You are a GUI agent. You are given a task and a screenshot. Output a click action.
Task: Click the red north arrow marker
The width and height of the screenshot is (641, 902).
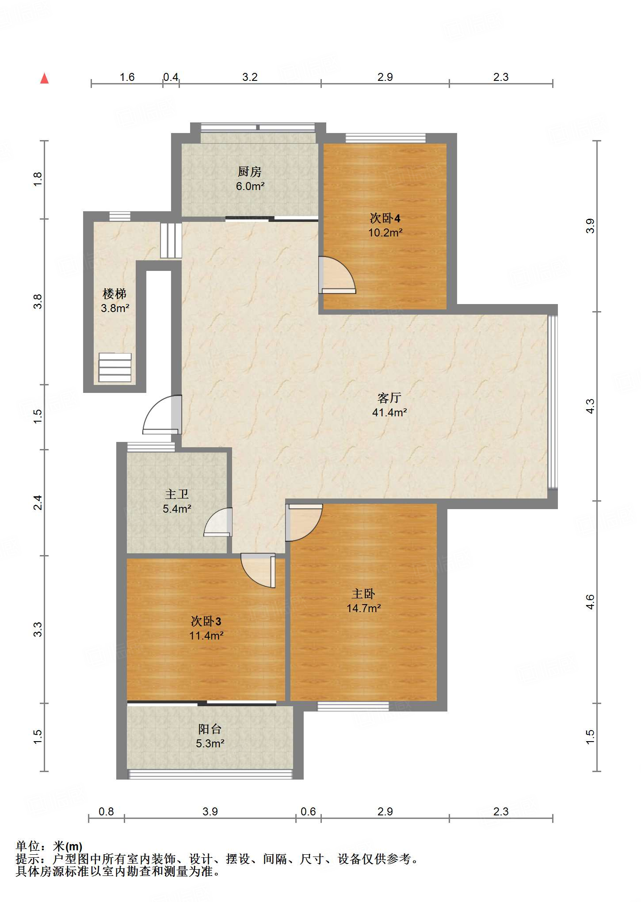pos(44,78)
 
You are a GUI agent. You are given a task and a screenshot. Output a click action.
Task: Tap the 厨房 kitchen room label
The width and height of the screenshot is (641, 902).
pos(250,171)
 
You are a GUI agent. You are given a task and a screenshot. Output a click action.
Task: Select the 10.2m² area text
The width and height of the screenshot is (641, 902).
pos(385,232)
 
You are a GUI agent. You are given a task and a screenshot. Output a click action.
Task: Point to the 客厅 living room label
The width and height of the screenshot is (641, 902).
pos(389,398)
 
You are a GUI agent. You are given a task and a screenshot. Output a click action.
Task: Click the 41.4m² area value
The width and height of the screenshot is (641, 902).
pos(389,412)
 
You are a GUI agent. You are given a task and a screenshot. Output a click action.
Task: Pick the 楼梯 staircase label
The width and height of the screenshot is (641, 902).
pos(114,293)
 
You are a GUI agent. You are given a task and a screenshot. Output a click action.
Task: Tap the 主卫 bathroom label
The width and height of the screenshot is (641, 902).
pos(177,494)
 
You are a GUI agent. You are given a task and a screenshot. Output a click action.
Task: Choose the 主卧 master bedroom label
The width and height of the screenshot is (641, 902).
pos(363,594)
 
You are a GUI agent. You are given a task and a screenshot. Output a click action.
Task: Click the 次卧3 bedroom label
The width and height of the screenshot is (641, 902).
pos(206,621)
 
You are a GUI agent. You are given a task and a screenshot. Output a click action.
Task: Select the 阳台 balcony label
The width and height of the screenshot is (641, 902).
pos(210,729)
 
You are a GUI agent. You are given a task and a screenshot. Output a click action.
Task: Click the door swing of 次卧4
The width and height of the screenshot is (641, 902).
pos(337,275)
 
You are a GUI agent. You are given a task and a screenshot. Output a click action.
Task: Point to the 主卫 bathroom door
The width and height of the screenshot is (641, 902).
pos(218,522)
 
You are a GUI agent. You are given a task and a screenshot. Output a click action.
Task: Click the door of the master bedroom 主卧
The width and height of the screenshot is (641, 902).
pos(304,522)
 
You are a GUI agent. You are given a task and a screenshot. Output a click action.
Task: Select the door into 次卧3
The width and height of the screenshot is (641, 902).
pos(258,571)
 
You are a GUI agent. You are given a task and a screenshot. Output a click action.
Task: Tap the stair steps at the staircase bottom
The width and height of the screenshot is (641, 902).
pos(115,367)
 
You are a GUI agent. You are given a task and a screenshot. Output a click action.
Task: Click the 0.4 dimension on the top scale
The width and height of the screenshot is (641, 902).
pos(171,77)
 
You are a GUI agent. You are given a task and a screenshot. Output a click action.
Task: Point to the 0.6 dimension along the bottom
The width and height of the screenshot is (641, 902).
pos(308,811)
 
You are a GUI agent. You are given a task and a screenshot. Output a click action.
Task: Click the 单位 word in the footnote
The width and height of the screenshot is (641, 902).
pos(28,846)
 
